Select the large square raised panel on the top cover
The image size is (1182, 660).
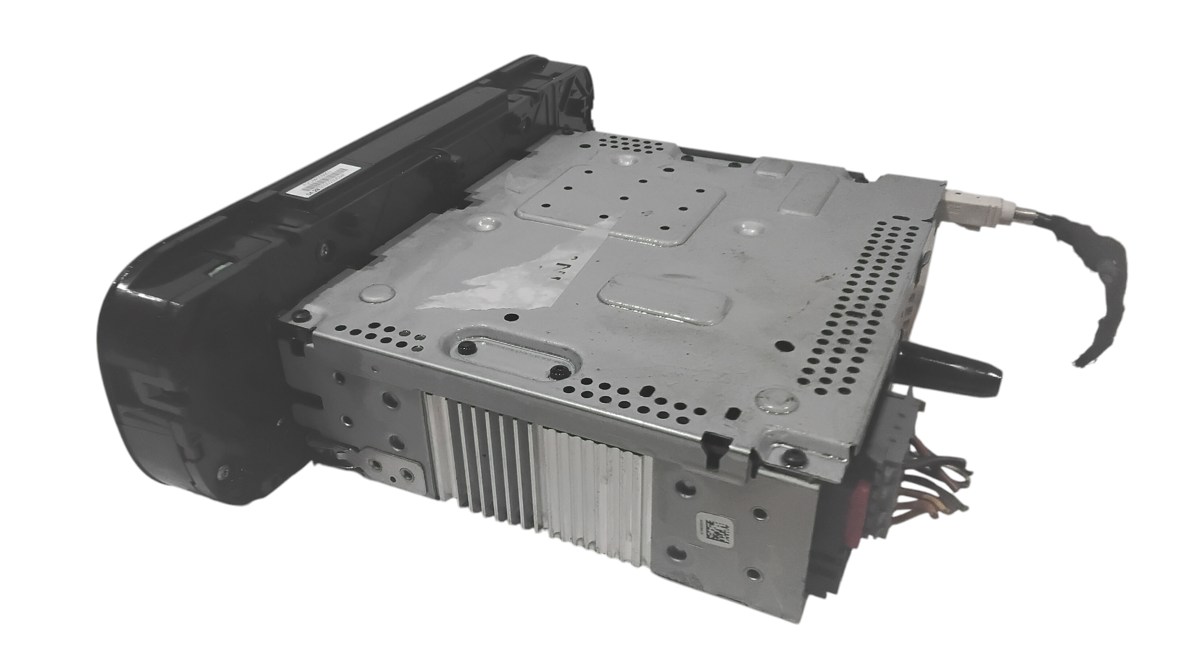(x=621, y=201)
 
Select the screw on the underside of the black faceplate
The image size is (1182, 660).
(x=223, y=471)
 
